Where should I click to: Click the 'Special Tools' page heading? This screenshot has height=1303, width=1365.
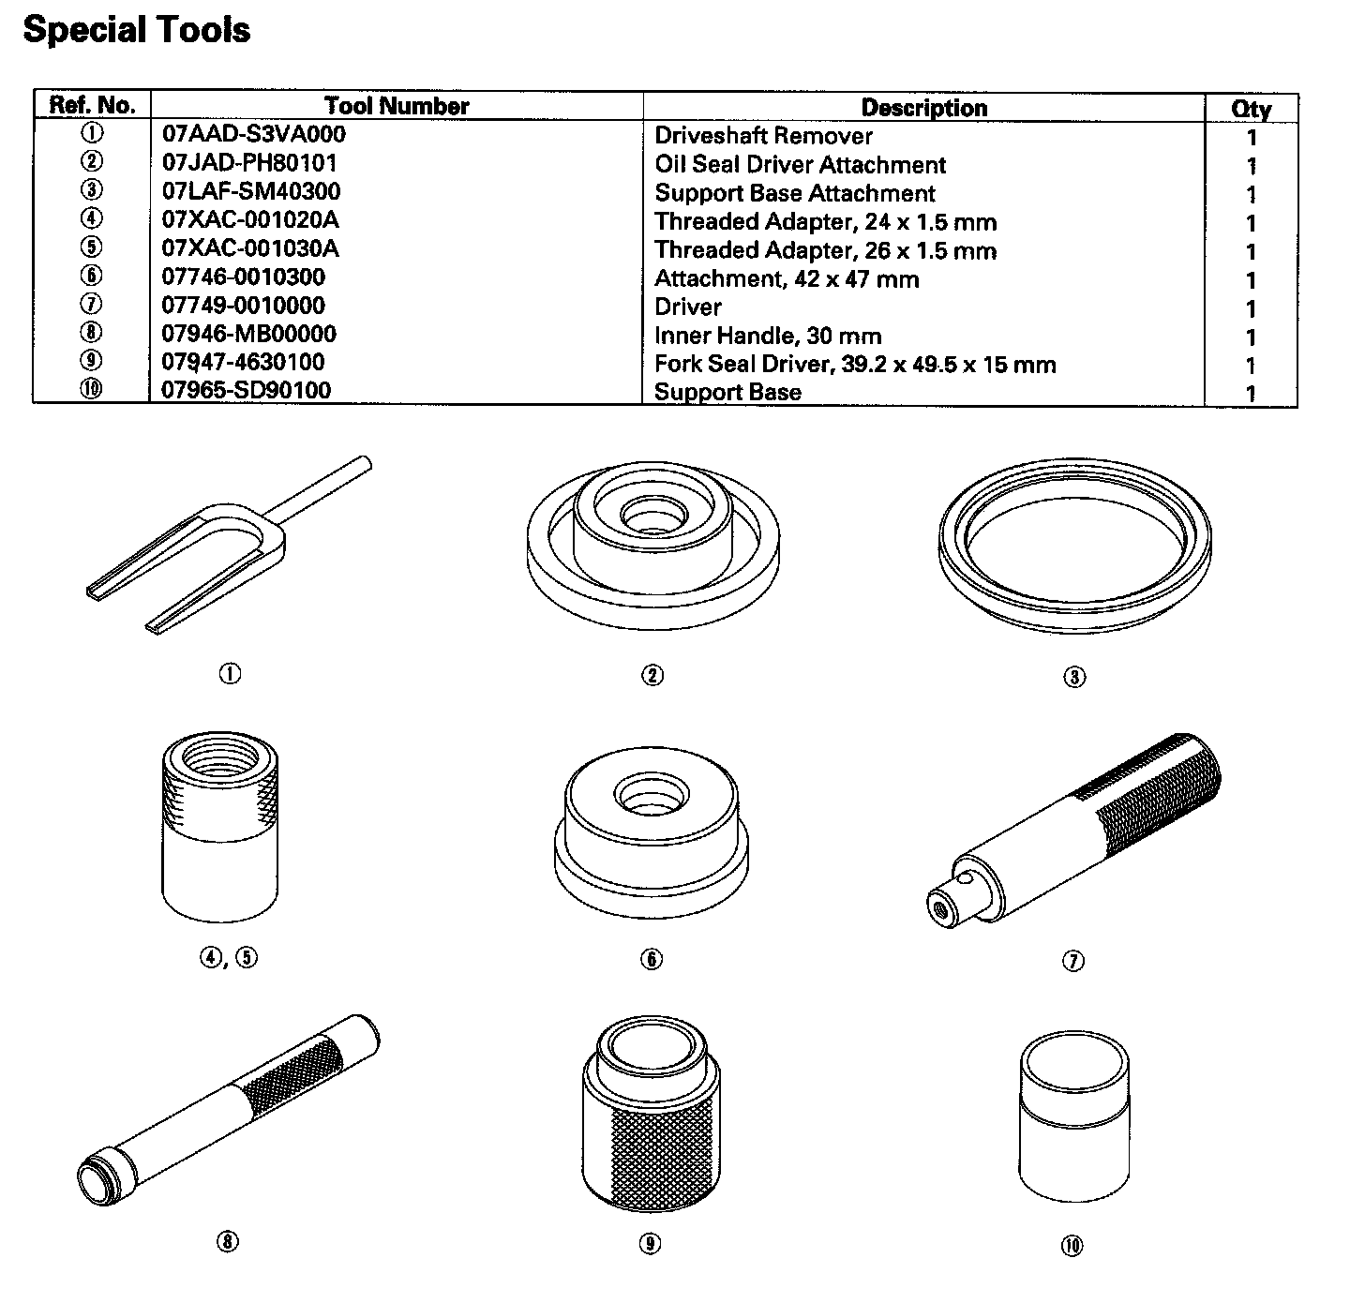tap(137, 30)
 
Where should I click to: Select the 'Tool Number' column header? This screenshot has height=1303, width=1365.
tap(397, 106)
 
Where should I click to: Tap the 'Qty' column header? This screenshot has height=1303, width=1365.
tap(1251, 109)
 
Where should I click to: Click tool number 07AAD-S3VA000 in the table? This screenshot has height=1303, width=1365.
tap(253, 134)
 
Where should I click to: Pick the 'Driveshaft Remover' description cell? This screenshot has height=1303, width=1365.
tap(763, 136)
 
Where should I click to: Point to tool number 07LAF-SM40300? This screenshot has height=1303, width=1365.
tap(251, 190)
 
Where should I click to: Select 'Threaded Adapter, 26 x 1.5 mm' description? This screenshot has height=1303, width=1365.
tap(825, 250)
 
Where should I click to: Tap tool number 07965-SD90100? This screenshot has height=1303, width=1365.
tap(247, 390)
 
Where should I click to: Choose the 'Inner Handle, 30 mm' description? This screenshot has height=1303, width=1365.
tap(768, 336)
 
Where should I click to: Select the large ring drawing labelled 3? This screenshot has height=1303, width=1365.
tap(1074, 546)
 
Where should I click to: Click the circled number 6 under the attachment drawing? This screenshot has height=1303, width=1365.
tap(652, 959)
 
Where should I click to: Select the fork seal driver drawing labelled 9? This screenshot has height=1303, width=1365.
tap(651, 1113)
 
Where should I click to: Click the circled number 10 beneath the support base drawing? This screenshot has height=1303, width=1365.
tap(1072, 1246)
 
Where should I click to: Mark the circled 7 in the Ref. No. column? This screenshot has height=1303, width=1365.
tap(91, 304)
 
